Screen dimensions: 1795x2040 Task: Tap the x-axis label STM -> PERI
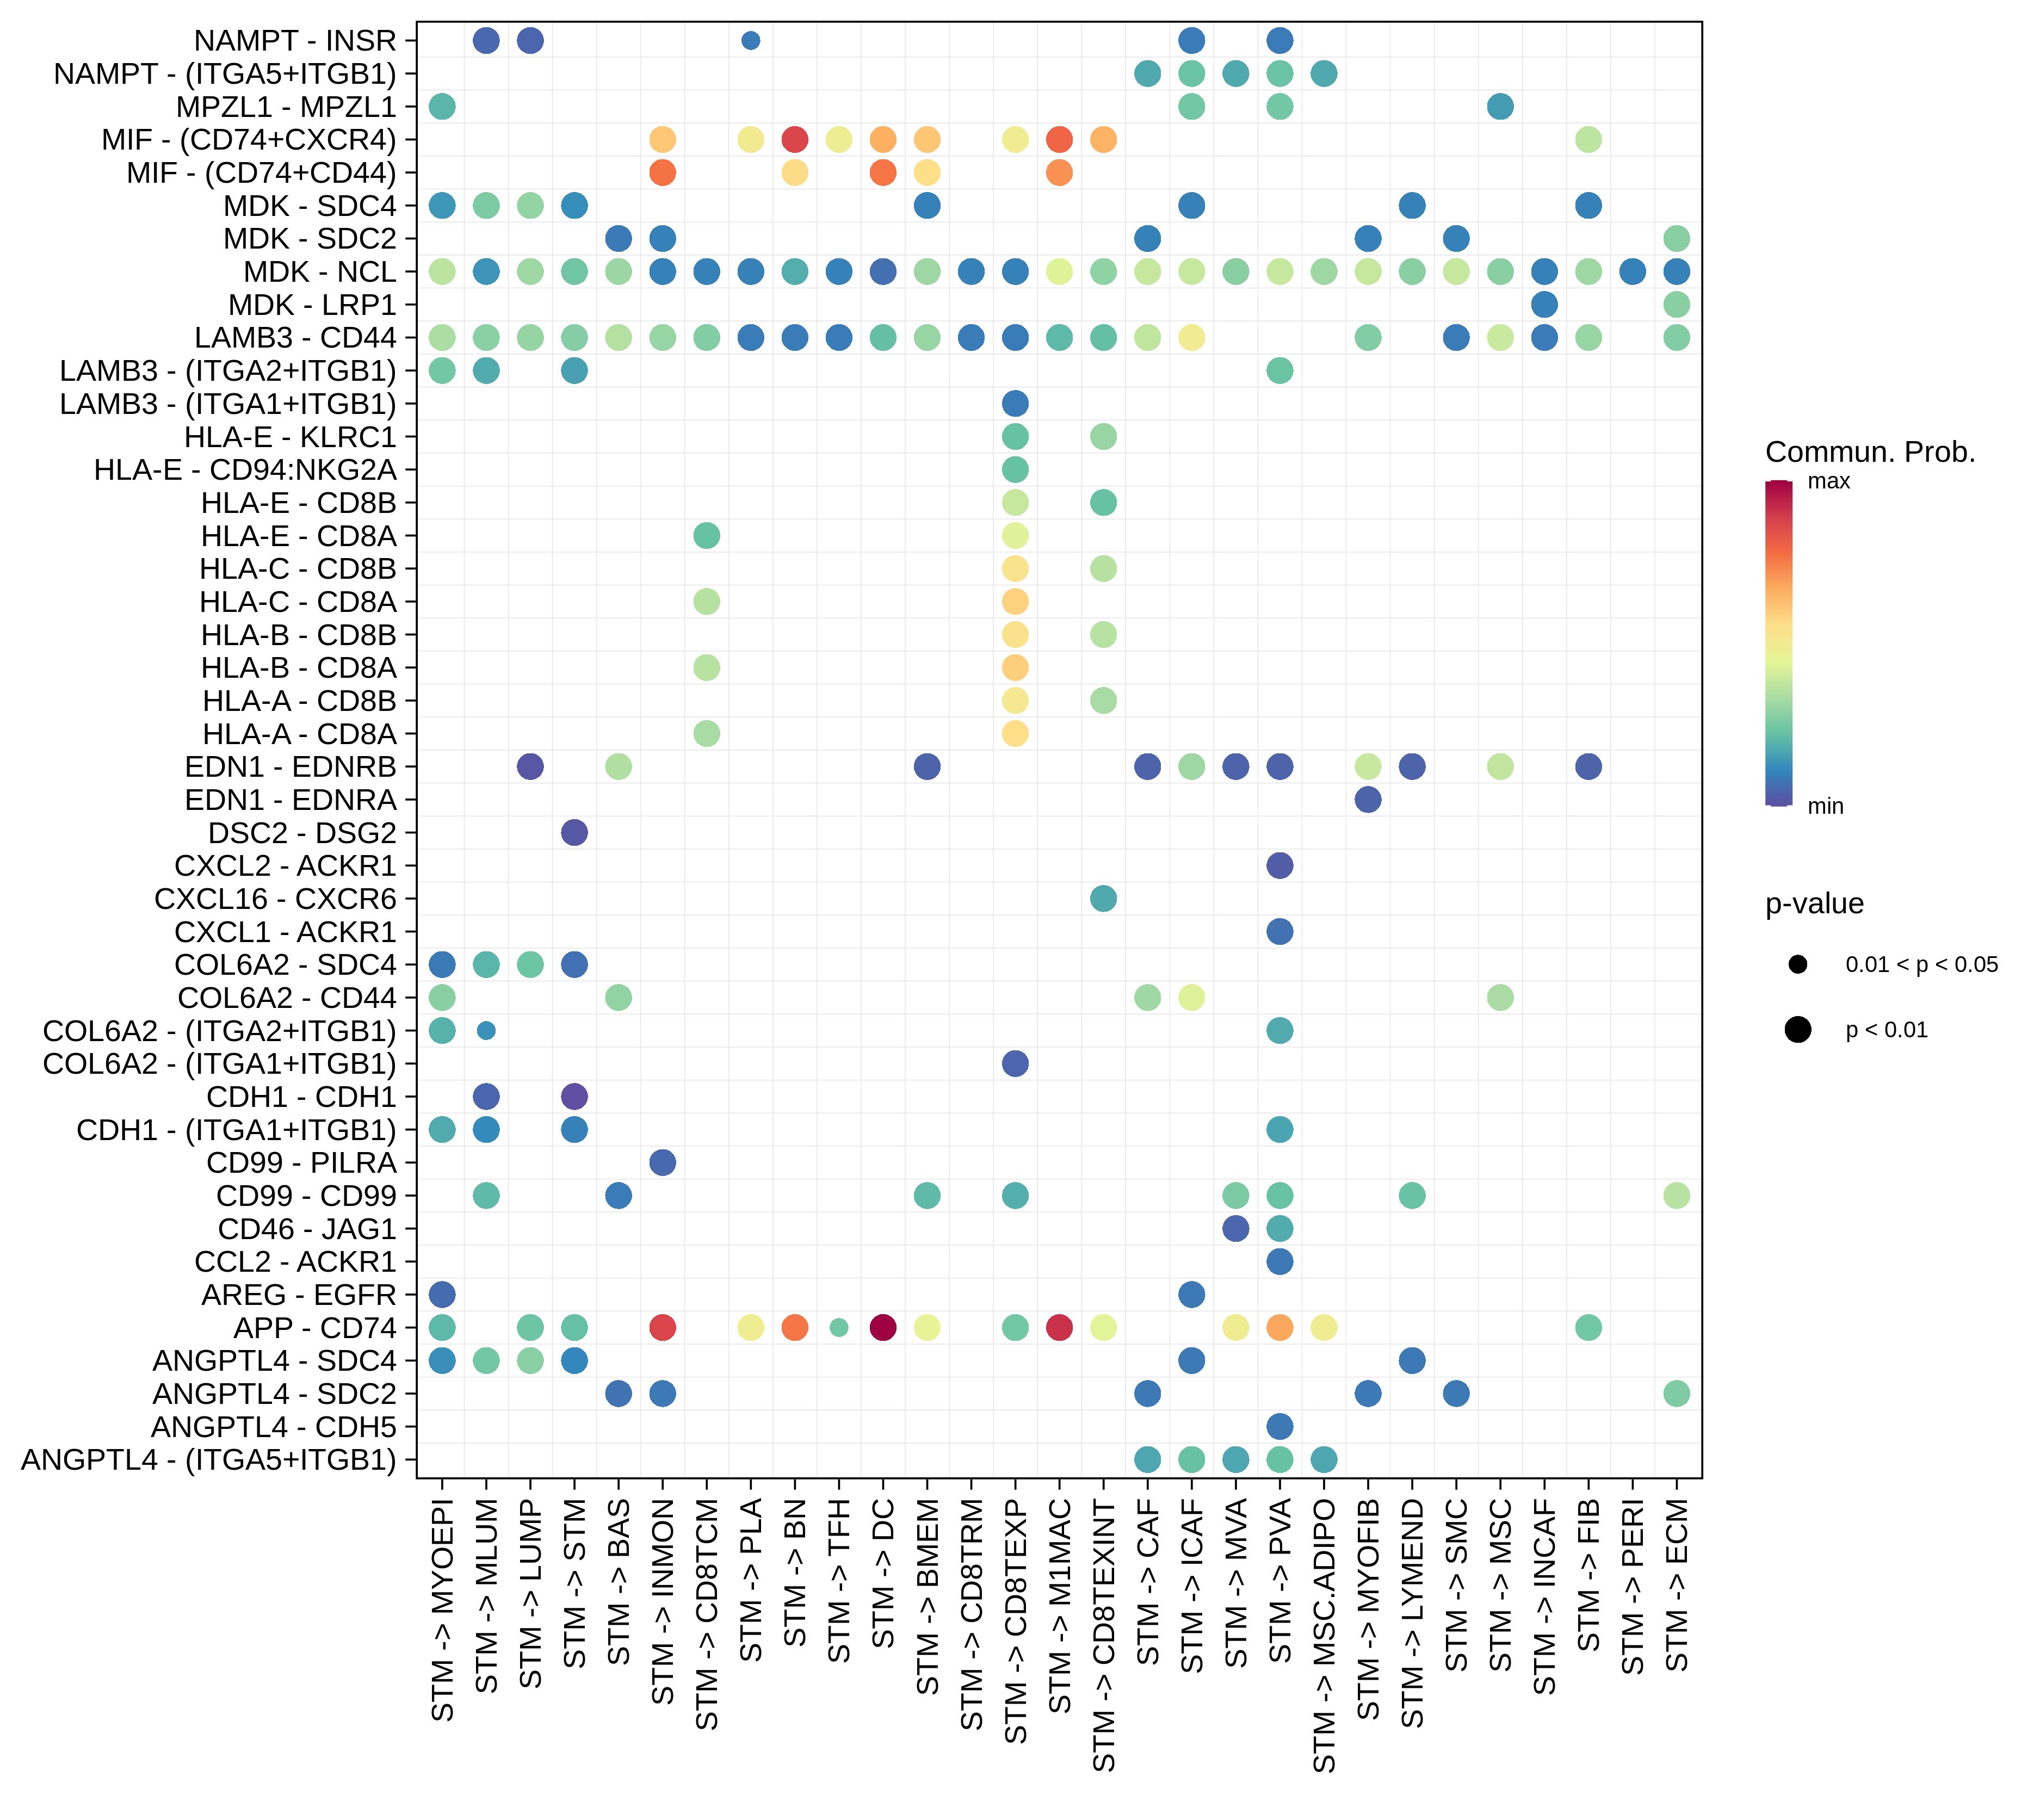coord(1633,1587)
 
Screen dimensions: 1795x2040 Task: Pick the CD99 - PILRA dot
coord(663,1162)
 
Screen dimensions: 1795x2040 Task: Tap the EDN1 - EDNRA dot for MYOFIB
coord(1368,799)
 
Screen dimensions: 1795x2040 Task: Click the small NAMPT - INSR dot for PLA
coord(751,41)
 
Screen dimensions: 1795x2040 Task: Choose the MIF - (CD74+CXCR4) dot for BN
coord(794,140)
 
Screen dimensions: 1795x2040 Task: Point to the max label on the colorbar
coord(1828,482)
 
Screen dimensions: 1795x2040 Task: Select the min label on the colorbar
coord(1826,806)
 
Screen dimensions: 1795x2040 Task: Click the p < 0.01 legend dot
coord(1797,1030)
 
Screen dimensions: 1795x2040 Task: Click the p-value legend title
coord(1814,904)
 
